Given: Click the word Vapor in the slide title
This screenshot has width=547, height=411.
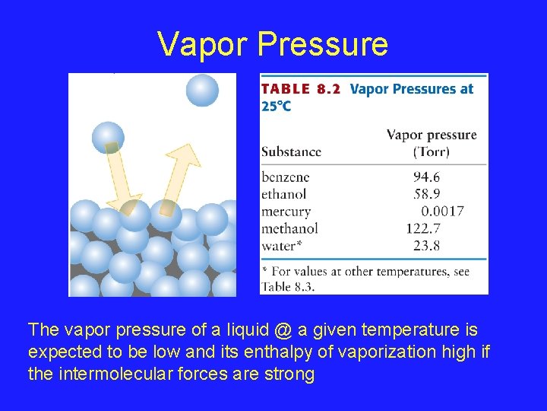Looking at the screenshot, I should (203, 45).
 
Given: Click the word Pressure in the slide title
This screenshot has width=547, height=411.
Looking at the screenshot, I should (323, 45).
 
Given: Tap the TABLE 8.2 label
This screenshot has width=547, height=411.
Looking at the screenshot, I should (300, 89).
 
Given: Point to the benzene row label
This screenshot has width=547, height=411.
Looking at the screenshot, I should (286, 177).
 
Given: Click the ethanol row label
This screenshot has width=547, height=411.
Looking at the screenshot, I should (285, 194).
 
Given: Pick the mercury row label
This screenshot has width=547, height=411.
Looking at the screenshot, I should (286, 212).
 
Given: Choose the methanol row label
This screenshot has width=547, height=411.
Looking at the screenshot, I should (289, 228).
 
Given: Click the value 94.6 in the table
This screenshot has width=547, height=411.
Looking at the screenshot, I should (426, 177).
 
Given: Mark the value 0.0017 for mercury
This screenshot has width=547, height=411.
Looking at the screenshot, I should (442, 212).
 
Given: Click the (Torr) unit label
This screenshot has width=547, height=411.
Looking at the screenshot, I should (431, 151).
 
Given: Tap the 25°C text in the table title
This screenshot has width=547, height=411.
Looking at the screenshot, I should (276, 106).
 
